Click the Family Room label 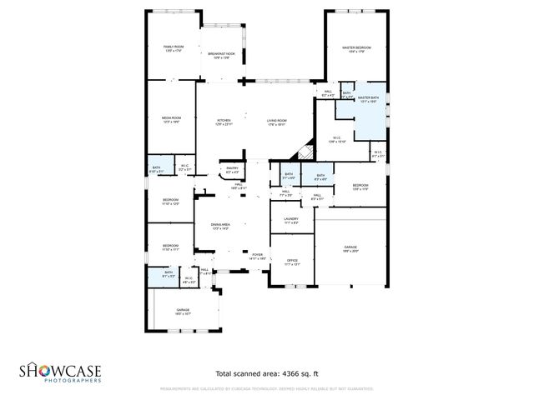pyautogui.click(x=174, y=47)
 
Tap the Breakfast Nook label pyautogui.click(x=221, y=54)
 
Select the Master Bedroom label pyautogui.click(x=356, y=47)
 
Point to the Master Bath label pyautogui.click(x=369, y=97)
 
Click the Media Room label pyautogui.click(x=171, y=118)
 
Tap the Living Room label pyautogui.click(x=277, y=121)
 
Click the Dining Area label pyautogui.click(x=220, y=225)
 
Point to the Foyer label pyautogui.click(x=258, y=254)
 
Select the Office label pyautogui.click(x=292, y=261)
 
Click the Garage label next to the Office pyautogui.click(x=350, y=247)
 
